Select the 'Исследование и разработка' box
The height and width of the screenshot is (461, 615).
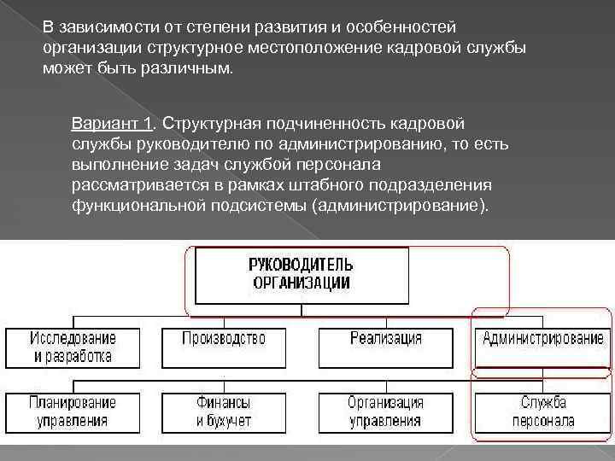74,347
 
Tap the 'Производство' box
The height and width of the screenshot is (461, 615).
224,347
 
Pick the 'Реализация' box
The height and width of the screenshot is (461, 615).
385,347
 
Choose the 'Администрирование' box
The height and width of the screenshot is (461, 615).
542,347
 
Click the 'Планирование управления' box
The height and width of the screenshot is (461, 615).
74,411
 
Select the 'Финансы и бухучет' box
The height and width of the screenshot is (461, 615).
224,411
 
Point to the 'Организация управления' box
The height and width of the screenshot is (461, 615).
385,411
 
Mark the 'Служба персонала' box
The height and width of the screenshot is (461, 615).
542,411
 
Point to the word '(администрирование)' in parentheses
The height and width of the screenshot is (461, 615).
401,205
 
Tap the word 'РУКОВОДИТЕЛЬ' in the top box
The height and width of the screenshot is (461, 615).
301,265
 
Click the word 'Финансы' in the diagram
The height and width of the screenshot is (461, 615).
224,402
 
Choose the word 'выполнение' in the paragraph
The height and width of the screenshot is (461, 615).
111,164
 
